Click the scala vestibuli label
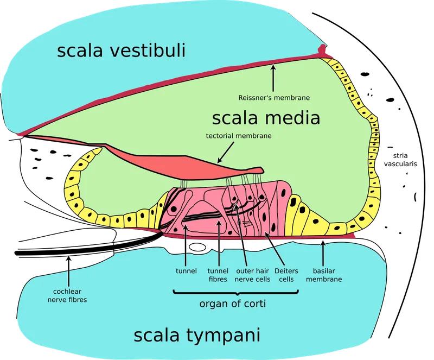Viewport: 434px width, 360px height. (121, 52)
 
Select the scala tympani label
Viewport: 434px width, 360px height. (197, 335)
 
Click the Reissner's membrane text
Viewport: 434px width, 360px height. (274, 98)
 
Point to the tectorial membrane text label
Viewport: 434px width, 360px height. (238, 136)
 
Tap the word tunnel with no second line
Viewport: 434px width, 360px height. (186, 270)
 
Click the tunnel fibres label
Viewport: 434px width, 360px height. (218, 275)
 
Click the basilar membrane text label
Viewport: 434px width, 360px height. (327, 275)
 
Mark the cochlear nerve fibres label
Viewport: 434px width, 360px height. (67, 295)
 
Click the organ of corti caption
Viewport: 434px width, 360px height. (232, 304)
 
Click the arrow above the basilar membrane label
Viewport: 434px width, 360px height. (323, 252)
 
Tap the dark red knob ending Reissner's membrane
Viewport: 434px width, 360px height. (324, 50)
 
